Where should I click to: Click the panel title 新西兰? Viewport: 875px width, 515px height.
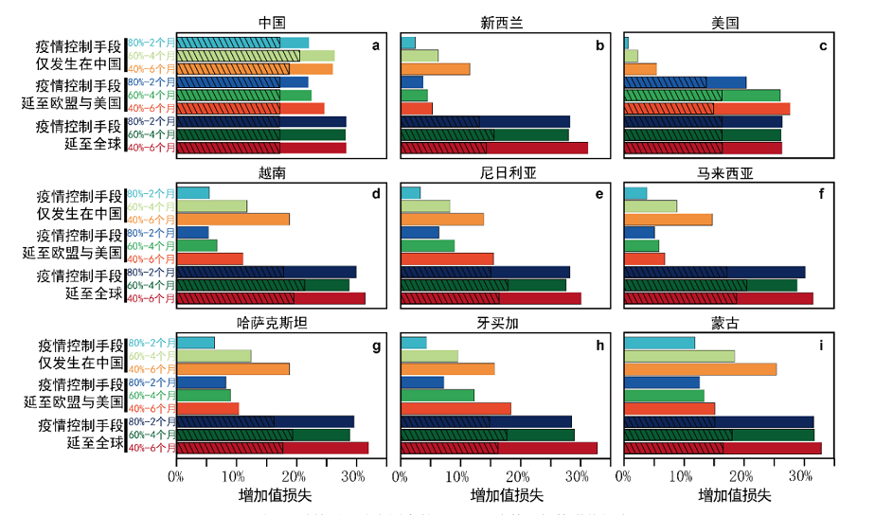[496, 23]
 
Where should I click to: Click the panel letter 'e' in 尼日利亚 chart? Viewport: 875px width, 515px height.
[599, 194]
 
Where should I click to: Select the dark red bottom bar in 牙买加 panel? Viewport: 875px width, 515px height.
[499, 448]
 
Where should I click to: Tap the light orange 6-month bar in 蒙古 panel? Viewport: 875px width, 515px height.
[701, 369]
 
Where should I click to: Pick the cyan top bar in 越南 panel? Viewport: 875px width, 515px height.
[193, 193]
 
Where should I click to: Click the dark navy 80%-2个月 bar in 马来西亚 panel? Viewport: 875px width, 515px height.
[715, 272]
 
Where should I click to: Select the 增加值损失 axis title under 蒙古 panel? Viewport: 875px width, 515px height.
[735, 495]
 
